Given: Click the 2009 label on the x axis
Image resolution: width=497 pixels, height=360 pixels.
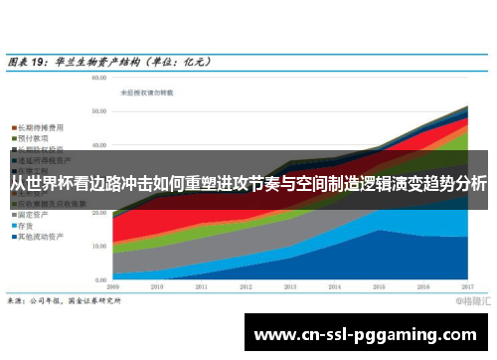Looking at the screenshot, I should point(114,285).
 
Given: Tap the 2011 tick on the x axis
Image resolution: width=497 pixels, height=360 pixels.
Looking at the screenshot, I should point(202,285).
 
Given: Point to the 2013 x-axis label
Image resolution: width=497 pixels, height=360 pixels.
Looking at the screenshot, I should point(290,285).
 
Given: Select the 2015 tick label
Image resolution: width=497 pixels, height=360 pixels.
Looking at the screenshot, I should point(379,285).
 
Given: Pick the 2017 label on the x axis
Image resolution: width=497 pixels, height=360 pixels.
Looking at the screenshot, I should point(466,285).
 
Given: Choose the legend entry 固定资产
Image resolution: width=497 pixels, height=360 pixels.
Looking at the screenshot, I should point(36,213).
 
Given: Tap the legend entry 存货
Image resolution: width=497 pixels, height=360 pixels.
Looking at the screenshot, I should point(31,225).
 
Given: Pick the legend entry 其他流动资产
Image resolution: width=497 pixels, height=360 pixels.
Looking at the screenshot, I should point(42,237).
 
